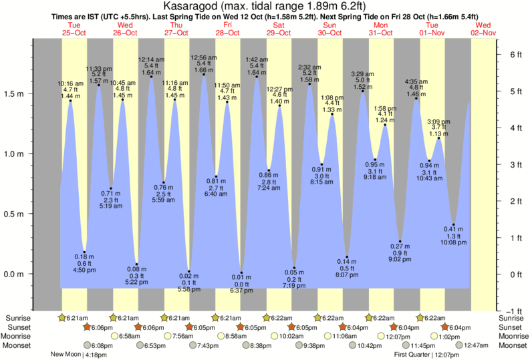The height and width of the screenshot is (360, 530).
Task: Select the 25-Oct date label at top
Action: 74,32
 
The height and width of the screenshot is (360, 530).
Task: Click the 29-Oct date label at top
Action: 279,32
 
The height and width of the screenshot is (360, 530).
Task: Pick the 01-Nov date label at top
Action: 432,32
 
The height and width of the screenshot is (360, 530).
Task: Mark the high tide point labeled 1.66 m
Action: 204,74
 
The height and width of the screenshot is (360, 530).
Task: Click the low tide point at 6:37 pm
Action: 241,273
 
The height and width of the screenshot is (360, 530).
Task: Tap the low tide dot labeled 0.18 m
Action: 85,252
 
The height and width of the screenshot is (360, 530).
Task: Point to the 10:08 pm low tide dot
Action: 454,224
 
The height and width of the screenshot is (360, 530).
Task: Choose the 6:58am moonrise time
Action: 132,336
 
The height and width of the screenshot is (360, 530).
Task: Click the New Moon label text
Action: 67,355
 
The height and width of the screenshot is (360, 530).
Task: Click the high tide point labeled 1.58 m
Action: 309,84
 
